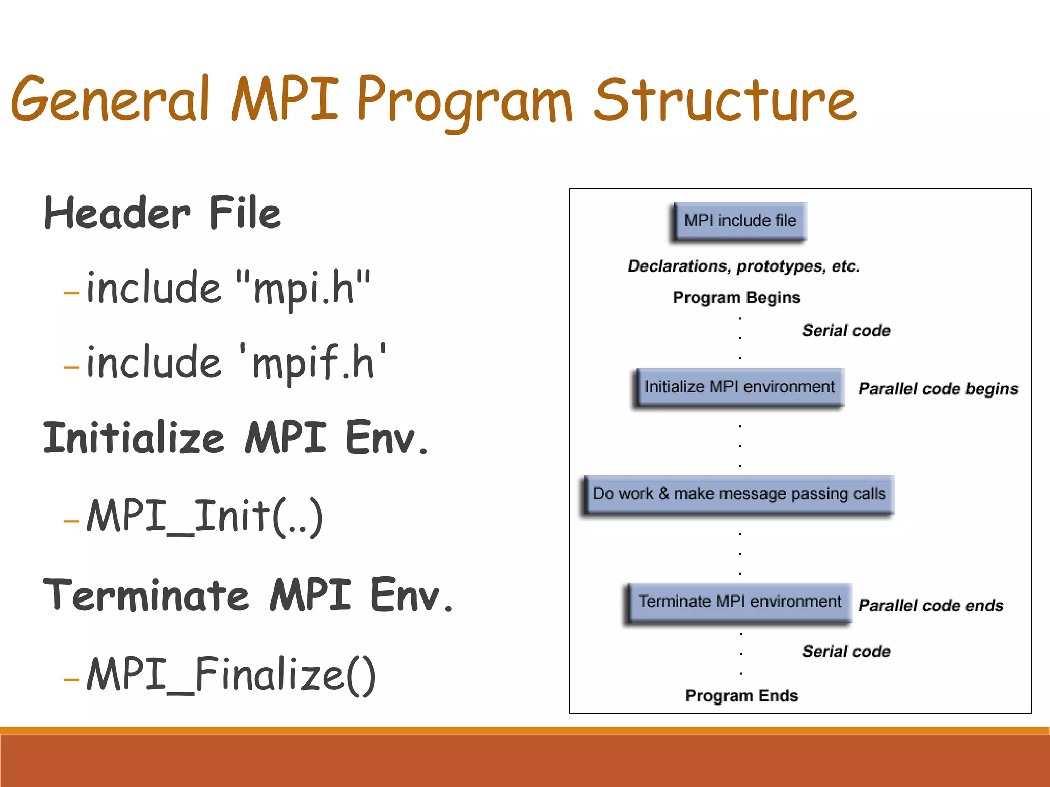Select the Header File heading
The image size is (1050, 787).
tap(163, 213)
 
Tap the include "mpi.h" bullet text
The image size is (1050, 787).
tap(228, 287)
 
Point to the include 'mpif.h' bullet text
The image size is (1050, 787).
tap(236, 362)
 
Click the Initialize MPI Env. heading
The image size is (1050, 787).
tap(235, 438)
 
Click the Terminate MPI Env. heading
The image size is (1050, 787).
tap(248, 595)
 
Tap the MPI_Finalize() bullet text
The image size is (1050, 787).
tap(231, 674)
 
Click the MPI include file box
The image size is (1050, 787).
tap(740, 221)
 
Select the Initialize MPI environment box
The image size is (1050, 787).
tap(739, 387)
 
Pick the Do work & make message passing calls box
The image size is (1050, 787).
tap(739, 494)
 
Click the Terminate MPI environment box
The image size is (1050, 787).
tap(739, 602)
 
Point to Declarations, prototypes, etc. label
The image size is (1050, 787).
tap(743, 266)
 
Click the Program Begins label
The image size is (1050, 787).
tap(736, 297)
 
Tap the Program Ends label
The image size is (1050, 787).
tap(741, 696)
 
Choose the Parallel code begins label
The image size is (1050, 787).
tap(938, 389)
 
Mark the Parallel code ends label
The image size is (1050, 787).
tap(931, 606)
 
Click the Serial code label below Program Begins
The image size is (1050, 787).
tap(846, 330)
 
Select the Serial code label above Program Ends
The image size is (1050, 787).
tap(846, 651)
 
